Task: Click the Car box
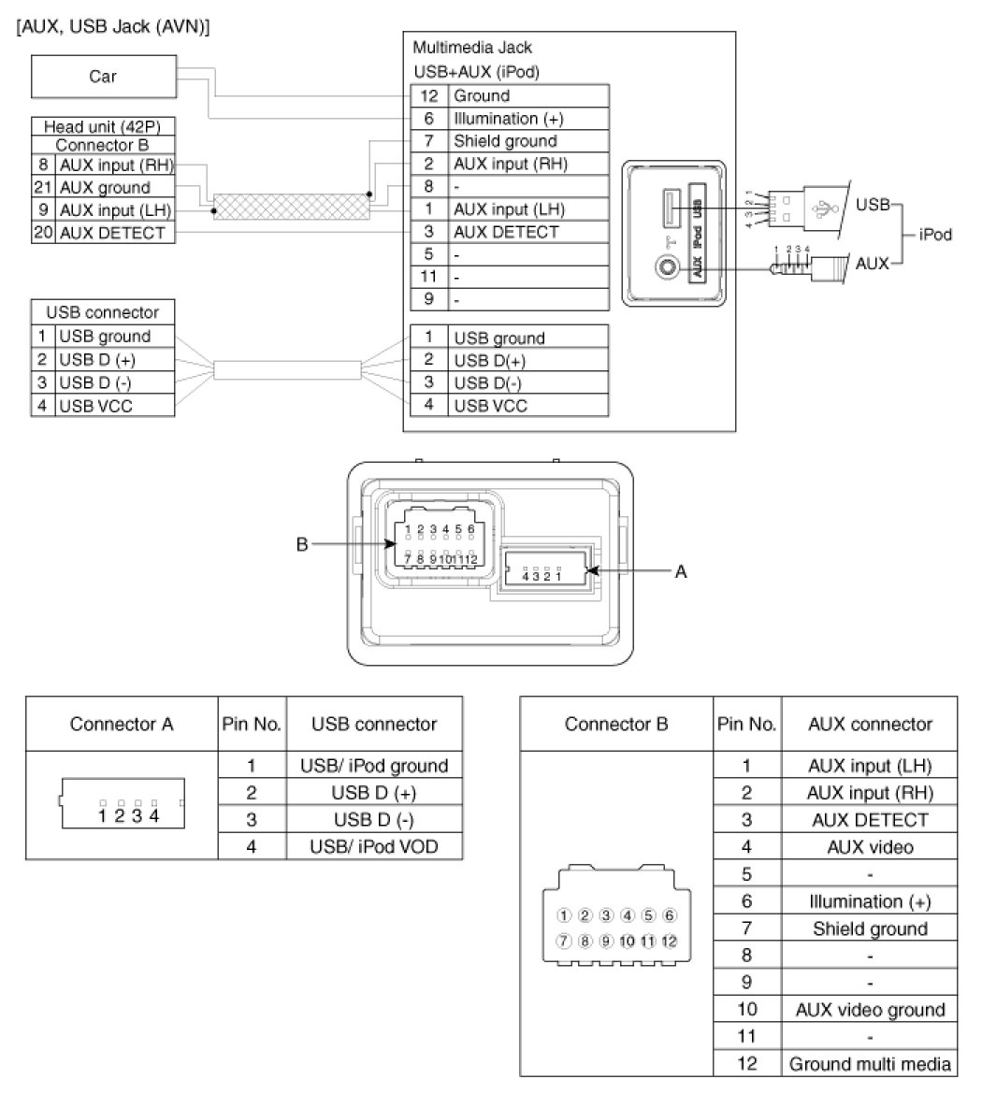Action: [x=103, y=77]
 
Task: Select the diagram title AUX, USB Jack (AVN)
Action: [x=112, y=27]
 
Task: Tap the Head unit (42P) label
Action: [x=103, y=126]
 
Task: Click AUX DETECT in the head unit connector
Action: [x=112, y=233]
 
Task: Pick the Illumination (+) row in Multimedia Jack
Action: [x=509, y=119]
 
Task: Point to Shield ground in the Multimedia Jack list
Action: [x=505, y=141]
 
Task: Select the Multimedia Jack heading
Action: [x=472, y=47]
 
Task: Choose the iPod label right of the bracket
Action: [x=934, y=234]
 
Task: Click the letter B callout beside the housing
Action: [x=302, y=544]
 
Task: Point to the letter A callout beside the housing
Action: [x=681, y=570]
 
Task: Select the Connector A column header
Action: [x=122, y=724]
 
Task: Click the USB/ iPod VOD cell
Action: [x=374, y=847]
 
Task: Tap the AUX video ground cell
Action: [x=870, y=1010]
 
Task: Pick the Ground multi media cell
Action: [x=870, y=1064]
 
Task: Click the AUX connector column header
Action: [x=870, y=724]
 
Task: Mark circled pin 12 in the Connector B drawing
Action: [x=669, y=942]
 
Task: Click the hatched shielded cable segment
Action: [x=290, y=207]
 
